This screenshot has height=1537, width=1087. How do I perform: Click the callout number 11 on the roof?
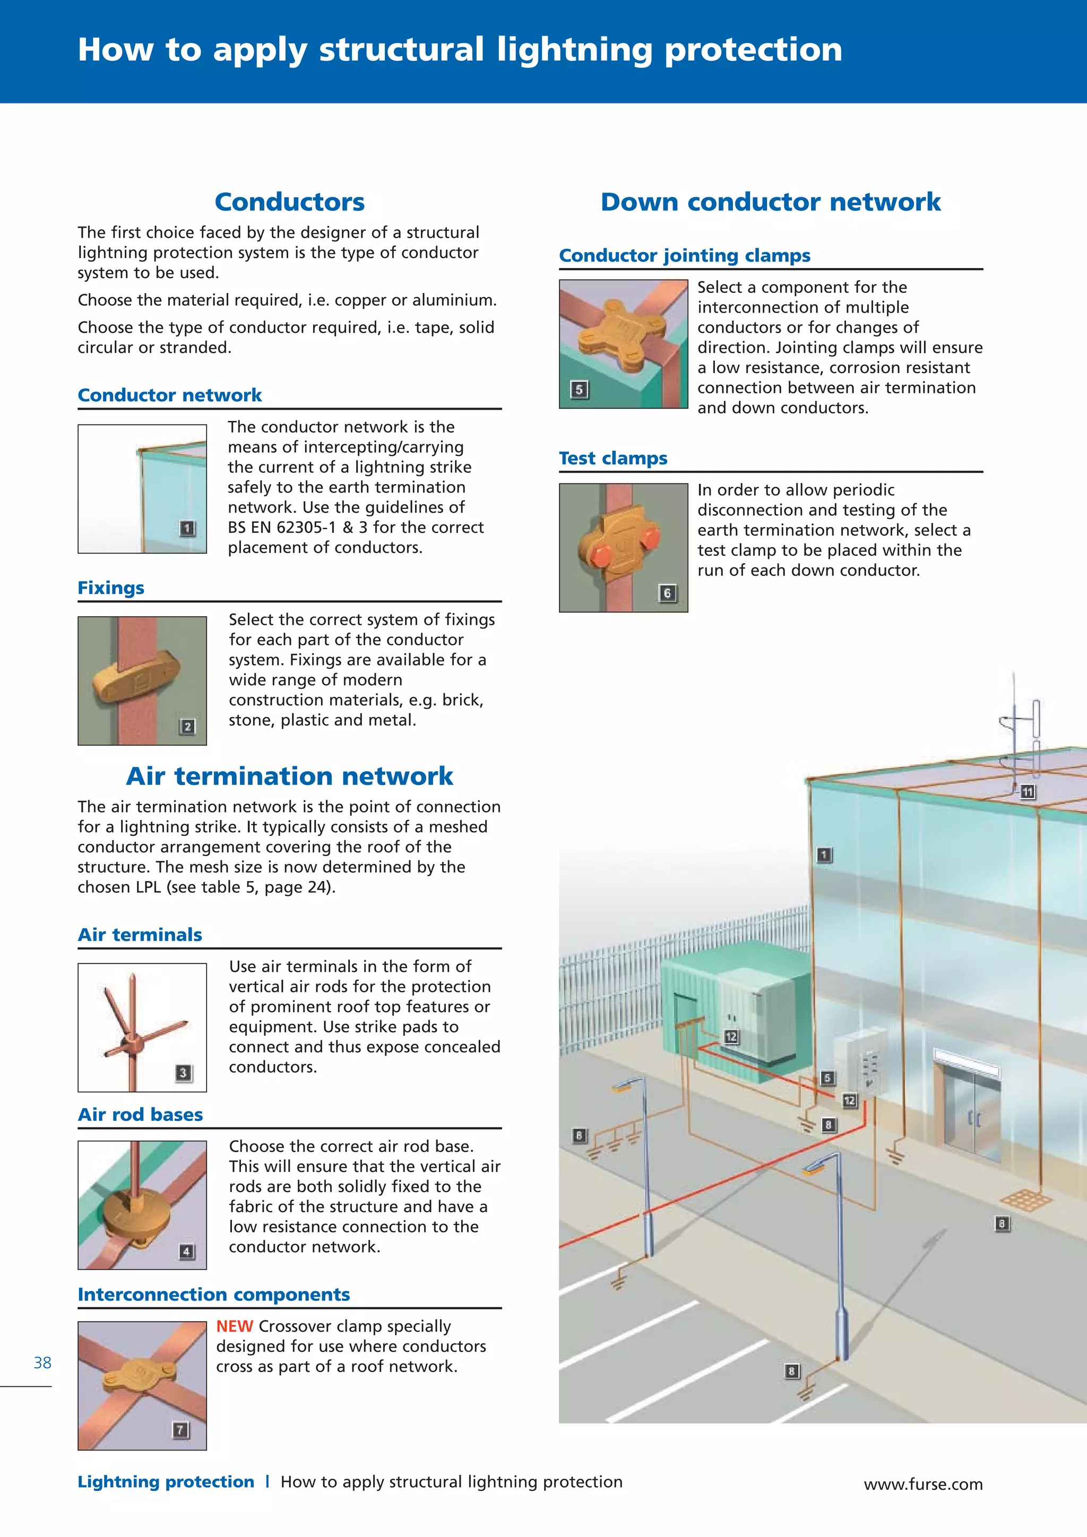(1028, 792)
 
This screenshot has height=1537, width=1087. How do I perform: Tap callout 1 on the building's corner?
(825, 855)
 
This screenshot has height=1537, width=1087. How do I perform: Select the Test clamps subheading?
(613, 459)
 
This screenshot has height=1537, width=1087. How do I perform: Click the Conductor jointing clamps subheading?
(684, 256)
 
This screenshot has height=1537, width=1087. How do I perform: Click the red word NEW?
(234, 1326)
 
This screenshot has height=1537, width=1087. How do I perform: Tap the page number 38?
(42, 1362)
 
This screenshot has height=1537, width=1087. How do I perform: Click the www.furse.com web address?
(923, 1484)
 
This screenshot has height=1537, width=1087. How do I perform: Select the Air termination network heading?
(289, 776)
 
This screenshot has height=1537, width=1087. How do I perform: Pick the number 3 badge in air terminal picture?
(183, 1073)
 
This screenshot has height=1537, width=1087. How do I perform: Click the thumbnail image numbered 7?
(142, 1385)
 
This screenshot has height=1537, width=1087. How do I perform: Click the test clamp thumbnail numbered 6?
(623, 548)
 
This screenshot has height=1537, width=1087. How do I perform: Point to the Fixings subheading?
(111, 588)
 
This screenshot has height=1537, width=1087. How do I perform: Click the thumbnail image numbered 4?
(142, 1205)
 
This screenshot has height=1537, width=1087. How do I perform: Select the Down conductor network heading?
(771, 202)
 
